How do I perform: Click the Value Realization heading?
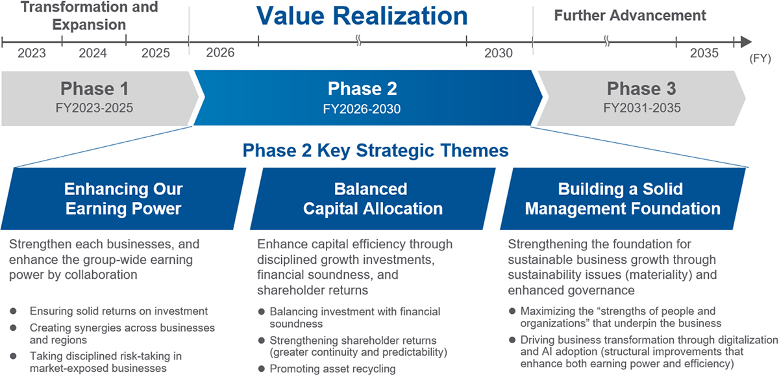362,16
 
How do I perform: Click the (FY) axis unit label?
760,58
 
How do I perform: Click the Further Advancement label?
630,15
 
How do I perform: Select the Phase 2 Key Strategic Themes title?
375,151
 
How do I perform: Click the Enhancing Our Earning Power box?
123,199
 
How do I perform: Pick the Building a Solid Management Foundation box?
622,199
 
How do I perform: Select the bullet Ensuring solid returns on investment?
118,311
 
